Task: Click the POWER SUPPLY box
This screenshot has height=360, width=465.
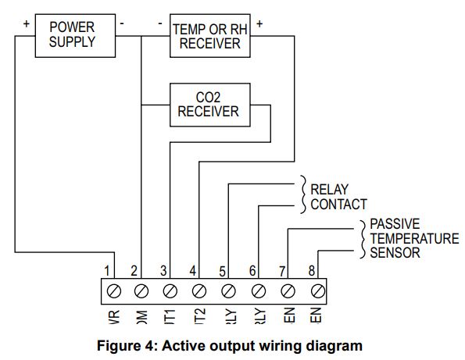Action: coord(72,35)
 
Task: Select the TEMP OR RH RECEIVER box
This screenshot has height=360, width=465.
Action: coord(210,37)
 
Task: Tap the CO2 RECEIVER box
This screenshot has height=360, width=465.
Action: coord(208,105)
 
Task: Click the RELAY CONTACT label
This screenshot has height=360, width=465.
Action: coord(338,197)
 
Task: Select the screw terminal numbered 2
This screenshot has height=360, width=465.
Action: coord(141,291)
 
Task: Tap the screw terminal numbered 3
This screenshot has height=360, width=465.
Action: coord(170,291)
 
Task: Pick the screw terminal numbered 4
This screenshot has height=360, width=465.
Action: coord(199,291)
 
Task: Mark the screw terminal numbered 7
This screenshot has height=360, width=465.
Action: coord(288,291)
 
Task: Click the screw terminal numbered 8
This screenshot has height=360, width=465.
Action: coord(317,291)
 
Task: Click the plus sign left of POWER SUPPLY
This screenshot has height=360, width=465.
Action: coord(26,23)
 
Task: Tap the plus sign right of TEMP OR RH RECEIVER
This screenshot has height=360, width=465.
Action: coord(259,23)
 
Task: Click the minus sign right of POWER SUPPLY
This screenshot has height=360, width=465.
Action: coord(122,23)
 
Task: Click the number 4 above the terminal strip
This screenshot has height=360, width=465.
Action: coord(193,271)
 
